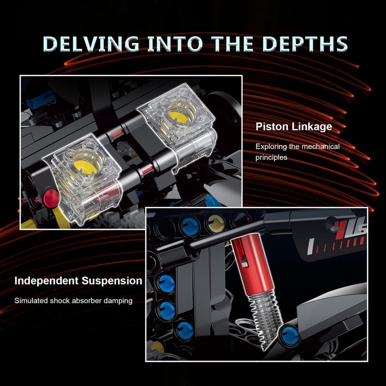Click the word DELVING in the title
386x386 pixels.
[x=91, y=44]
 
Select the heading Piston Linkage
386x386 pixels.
[x=294, y=127]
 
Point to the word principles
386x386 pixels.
[x=271, y=158]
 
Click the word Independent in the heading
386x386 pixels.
[x=46, y=281]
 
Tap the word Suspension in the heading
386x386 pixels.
[x=112, y=281]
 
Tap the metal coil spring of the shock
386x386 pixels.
[x=265, y=317]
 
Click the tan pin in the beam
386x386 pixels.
[x=216, y=223]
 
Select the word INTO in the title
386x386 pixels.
[x=175, y=44]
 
